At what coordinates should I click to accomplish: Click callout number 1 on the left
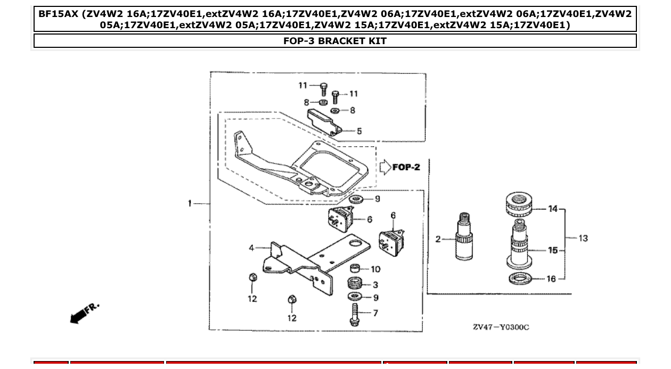[x=190, y=203]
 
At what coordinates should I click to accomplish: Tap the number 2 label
[x=438, y=239]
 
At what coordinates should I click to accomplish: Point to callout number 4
[x=251, y=248]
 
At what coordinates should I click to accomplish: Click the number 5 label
[x=359, y=131]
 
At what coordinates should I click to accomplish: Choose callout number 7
[x=375, y=313]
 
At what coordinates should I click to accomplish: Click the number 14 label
[x=553, y=209]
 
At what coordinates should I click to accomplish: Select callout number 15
[x=553, y=250]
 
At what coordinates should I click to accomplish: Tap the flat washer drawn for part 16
[x=520, y=278]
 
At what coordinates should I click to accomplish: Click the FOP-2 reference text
[x=406, y=167]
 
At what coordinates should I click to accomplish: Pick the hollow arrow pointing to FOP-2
[x=384, y=167]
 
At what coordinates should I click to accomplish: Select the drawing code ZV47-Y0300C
[x=501, y=327]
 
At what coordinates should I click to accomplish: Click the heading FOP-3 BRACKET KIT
[x=335, y=41]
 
